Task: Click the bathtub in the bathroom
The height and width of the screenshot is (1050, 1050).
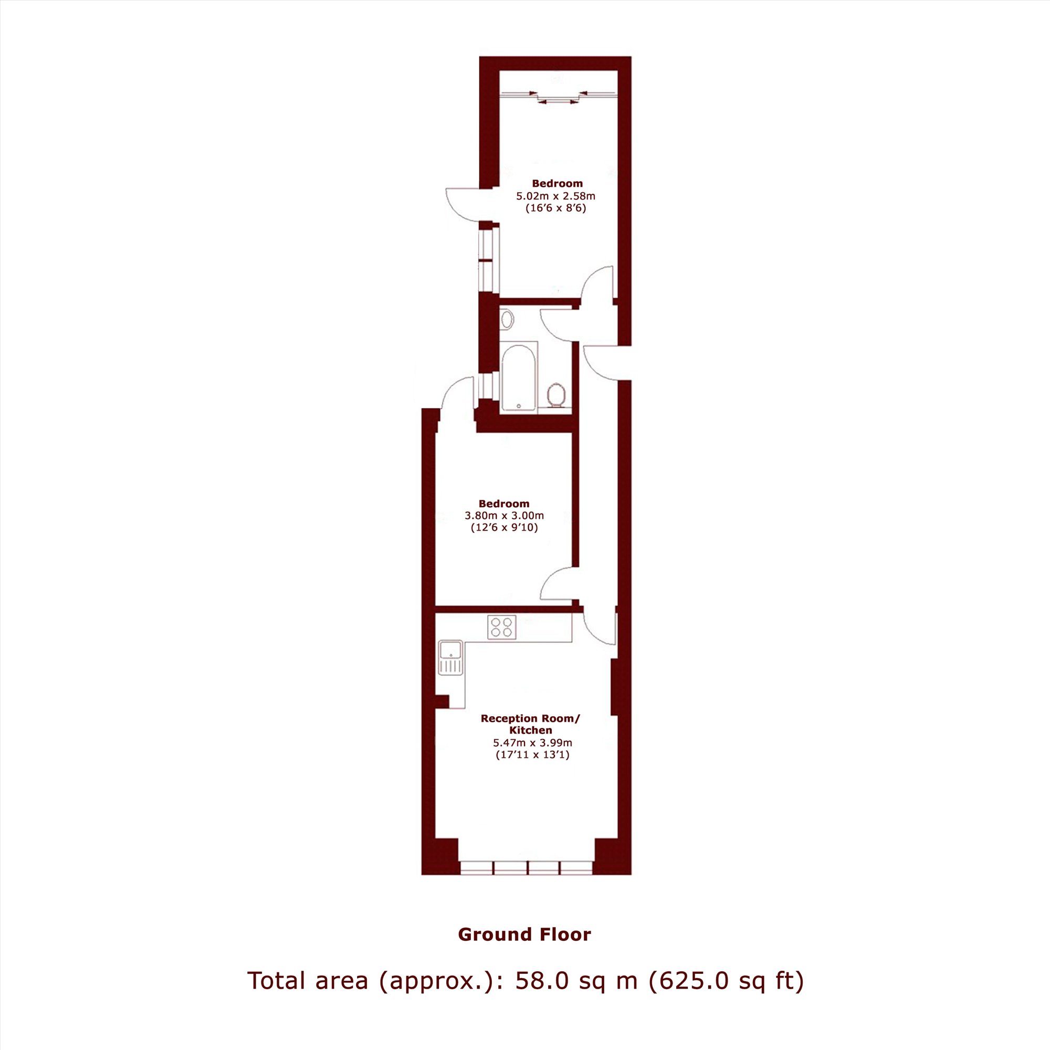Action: (x=520, y=376)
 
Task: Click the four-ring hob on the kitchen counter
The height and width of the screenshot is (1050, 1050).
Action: (x=501, y=627)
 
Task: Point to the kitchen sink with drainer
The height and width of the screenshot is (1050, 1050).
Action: (x=451, y=657)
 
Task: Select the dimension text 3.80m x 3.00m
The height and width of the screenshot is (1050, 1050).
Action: (x=504, y=515)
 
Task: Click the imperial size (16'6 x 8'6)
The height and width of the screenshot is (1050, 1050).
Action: (x=556, y=208)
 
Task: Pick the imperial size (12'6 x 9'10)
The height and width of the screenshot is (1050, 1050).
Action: (x=505, y=528)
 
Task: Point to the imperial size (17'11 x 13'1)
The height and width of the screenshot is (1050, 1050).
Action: (x=532, y=755)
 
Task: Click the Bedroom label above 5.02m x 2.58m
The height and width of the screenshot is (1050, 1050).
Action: (x=557, y=184)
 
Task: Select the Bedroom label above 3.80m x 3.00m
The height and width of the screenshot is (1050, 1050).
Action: (x=504, y=504)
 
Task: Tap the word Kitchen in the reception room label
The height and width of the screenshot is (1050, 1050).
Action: (x=530, y=730)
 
